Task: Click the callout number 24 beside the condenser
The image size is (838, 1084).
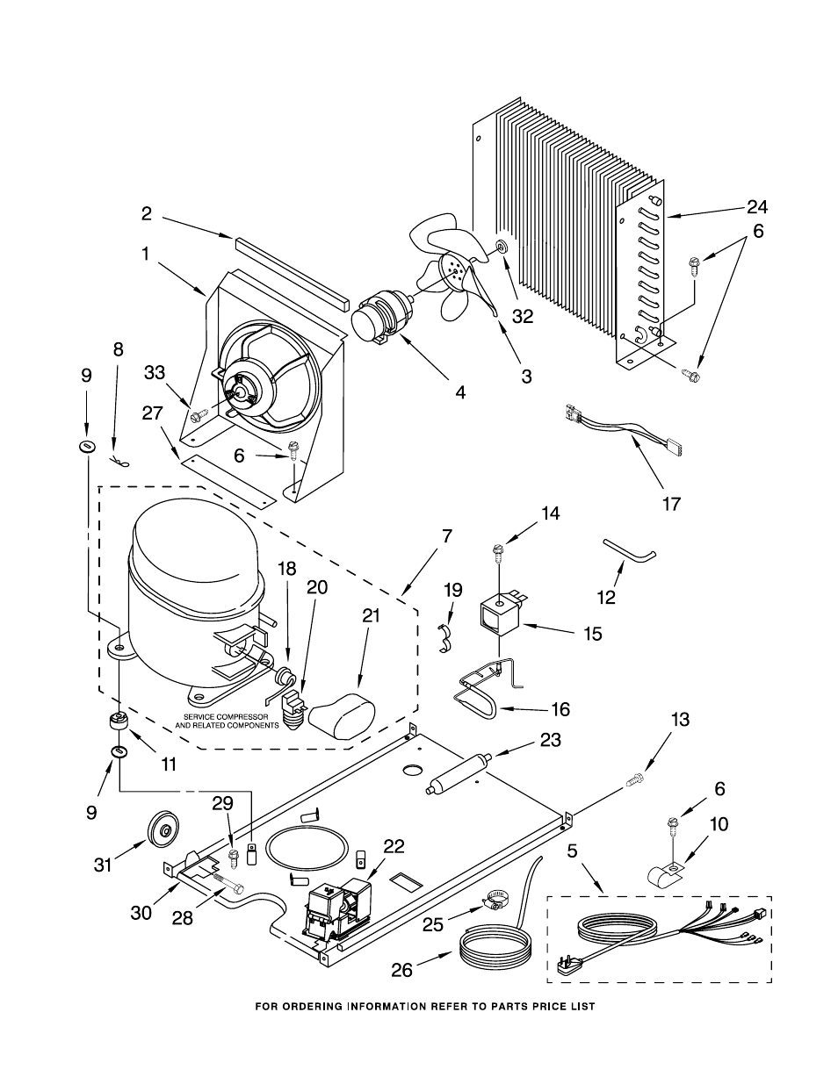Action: tap(757, 206)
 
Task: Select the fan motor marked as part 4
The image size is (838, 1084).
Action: tap(383, 319)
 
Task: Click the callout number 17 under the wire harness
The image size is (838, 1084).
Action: tap(672, 505)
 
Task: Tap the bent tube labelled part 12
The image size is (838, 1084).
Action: tap(629, 550)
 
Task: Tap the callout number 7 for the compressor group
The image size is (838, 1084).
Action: tap(447, 537)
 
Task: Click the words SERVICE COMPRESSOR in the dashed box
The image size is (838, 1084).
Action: tap(226, 717)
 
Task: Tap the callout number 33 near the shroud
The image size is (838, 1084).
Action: tap(155, 373)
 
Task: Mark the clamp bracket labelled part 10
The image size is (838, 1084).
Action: tap(663, 878)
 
